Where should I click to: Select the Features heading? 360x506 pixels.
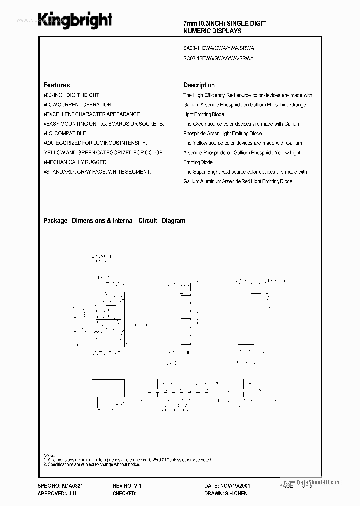tap(56, 85)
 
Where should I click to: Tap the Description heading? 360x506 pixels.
tap(199, 85)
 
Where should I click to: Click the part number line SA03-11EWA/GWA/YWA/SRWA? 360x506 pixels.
tap(219, 49)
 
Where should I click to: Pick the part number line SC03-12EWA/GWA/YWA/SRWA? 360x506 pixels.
tap(219, 58)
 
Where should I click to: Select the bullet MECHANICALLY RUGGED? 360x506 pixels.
tap(76, 162)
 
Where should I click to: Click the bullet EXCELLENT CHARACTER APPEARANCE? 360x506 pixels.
tap(92, 114)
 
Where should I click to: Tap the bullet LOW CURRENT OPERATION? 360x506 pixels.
tap(78, 105)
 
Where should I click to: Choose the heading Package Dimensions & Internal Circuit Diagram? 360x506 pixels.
tap(114, 220)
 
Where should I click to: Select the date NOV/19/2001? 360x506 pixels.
tap(235, 486)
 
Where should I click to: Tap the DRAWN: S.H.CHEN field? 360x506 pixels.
tap(226, 493)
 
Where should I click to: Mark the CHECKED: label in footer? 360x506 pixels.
tap(124, 493)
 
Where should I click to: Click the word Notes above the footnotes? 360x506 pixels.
tap(49, 456)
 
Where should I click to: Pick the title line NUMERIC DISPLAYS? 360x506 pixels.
tap(212, 31)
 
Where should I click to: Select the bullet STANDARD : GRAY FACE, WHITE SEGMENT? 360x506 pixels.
tap(97, 172)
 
